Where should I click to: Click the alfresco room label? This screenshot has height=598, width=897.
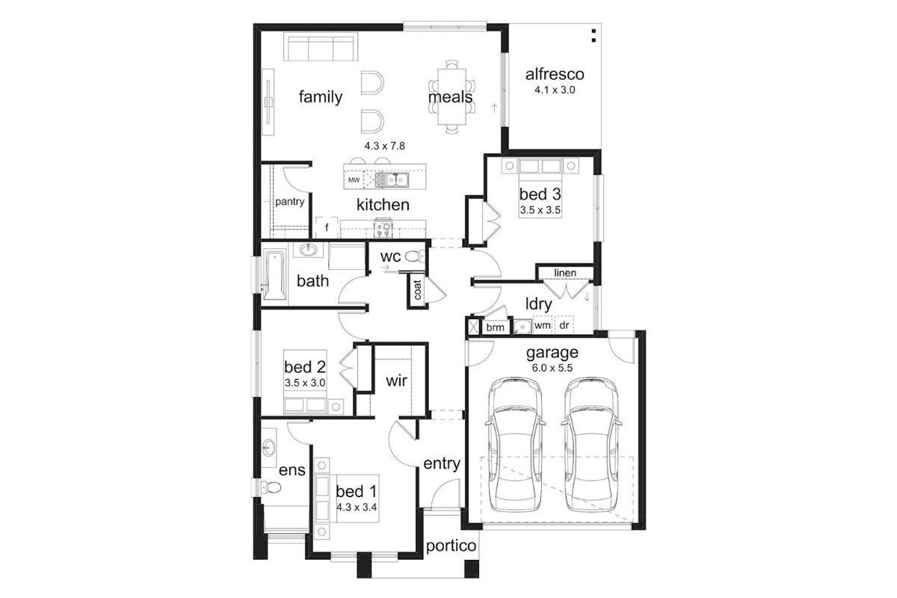click(555, 75)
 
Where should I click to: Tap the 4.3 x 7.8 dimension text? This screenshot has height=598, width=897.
click(384, 147)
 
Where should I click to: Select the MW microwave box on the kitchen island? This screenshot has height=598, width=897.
click(354, 180)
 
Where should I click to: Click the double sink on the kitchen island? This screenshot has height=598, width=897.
click(392, 180)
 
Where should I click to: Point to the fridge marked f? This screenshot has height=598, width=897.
click(327, 228)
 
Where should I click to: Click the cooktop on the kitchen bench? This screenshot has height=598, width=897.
click(383, 229)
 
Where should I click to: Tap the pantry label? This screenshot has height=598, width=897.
click(289, 202)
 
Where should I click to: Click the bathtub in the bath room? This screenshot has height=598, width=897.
click(275, 275)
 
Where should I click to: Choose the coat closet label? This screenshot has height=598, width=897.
click(417, 289)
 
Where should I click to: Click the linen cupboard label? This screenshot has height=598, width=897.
click(565, 273)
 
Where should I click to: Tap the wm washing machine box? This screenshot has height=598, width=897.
click(542, 325)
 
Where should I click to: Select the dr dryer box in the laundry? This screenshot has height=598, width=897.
click(564, 325)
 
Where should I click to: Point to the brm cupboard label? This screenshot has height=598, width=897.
click(495, 327)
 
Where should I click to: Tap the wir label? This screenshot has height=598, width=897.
click(396, 381)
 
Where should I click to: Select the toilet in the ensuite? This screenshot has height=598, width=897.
click(271, 487)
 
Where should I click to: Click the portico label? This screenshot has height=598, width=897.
click(451, 546)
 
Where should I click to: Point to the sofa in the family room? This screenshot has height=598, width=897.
click(321, 47)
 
